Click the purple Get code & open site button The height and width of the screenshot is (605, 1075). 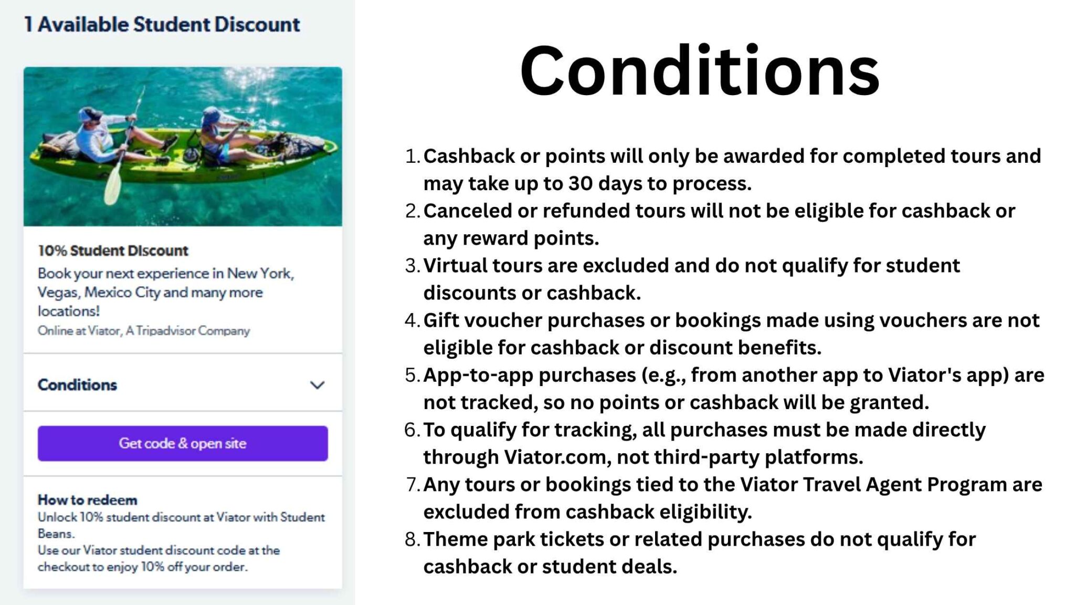[x=183, y=443]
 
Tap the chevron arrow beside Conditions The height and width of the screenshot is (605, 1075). [x=317, y=385]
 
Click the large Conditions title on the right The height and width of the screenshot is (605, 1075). [x=699, y=71]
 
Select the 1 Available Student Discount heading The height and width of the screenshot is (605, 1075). [x=162, y=25]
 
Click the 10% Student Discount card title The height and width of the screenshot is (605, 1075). [x=113, y=251]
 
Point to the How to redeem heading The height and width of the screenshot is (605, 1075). [x=87, y=499]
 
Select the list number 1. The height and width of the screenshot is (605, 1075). [x=412, y=156]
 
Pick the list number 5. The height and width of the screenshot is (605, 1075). [x=412, y=375]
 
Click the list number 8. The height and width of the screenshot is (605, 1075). [x=412, y=539]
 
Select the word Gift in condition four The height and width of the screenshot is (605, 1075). [x=441, y=320]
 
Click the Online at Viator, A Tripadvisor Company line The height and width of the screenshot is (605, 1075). [x=144, y=331]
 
